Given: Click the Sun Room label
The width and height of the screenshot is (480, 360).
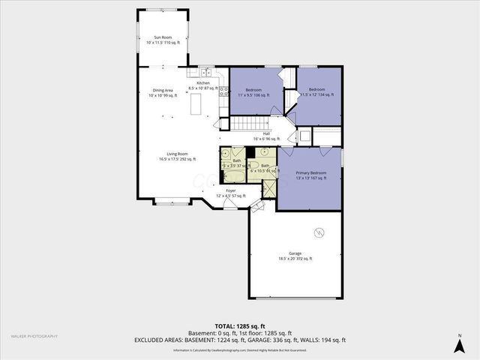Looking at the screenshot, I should (x=162, y=40).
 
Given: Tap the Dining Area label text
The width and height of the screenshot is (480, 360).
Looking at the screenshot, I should (x=162, y=93).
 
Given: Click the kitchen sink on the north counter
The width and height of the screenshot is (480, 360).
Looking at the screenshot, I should (x=205, y=73).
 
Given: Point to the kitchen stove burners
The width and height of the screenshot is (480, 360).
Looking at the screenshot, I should (x=223, y=91).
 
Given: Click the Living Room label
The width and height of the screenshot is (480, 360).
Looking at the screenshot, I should (x=177, y=156).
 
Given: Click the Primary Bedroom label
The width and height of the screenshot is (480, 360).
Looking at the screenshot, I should (x=310, y=175).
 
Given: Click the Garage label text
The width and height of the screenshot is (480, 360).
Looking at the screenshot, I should (x=295, y=256).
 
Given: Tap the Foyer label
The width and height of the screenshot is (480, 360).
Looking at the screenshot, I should (x=230, y=193).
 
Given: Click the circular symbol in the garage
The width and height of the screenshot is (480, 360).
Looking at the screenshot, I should (x=320, y=232).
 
